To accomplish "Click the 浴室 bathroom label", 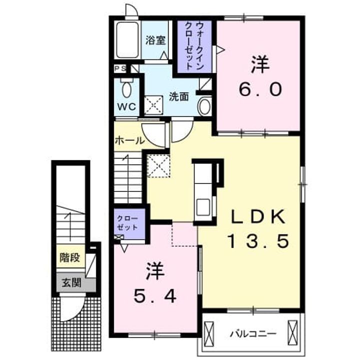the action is click(155, 40).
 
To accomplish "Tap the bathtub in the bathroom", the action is click(127, 40).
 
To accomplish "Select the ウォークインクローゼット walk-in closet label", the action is click(194, 45).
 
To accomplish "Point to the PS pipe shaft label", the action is click(120, 68).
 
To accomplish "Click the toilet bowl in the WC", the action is click(126, 89).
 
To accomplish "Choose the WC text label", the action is click(126, 107).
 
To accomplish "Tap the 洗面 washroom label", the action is click(179, 96).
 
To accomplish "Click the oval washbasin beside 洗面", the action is click(205, 106).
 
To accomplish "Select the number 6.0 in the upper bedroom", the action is click(260, 89).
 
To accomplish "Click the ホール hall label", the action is click(130, 140).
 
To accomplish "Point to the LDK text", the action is click(258, 216).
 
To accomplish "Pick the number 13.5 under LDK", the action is click(258, 241).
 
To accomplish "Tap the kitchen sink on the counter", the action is click(203, 207).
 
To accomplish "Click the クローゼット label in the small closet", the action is click(127, 223).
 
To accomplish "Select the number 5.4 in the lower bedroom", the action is click(155, 296).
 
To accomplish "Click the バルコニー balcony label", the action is click(253, 333).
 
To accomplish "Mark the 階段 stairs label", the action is click(70, 257).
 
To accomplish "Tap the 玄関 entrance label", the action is click(71, 282).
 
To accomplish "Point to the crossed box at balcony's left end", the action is click(208, 333).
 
